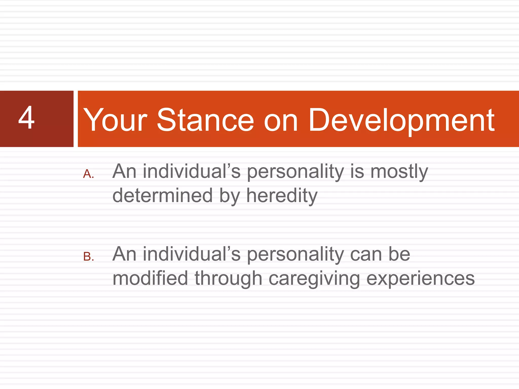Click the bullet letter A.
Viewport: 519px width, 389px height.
pyautogui.click(x=88, y=174)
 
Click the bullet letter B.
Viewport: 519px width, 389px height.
pyautogui.click(x=88, y=257)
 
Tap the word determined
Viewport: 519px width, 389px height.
pyautogui.click(x=162, y=196)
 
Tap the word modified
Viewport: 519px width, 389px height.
pyautogui.click(x=150, y=278)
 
